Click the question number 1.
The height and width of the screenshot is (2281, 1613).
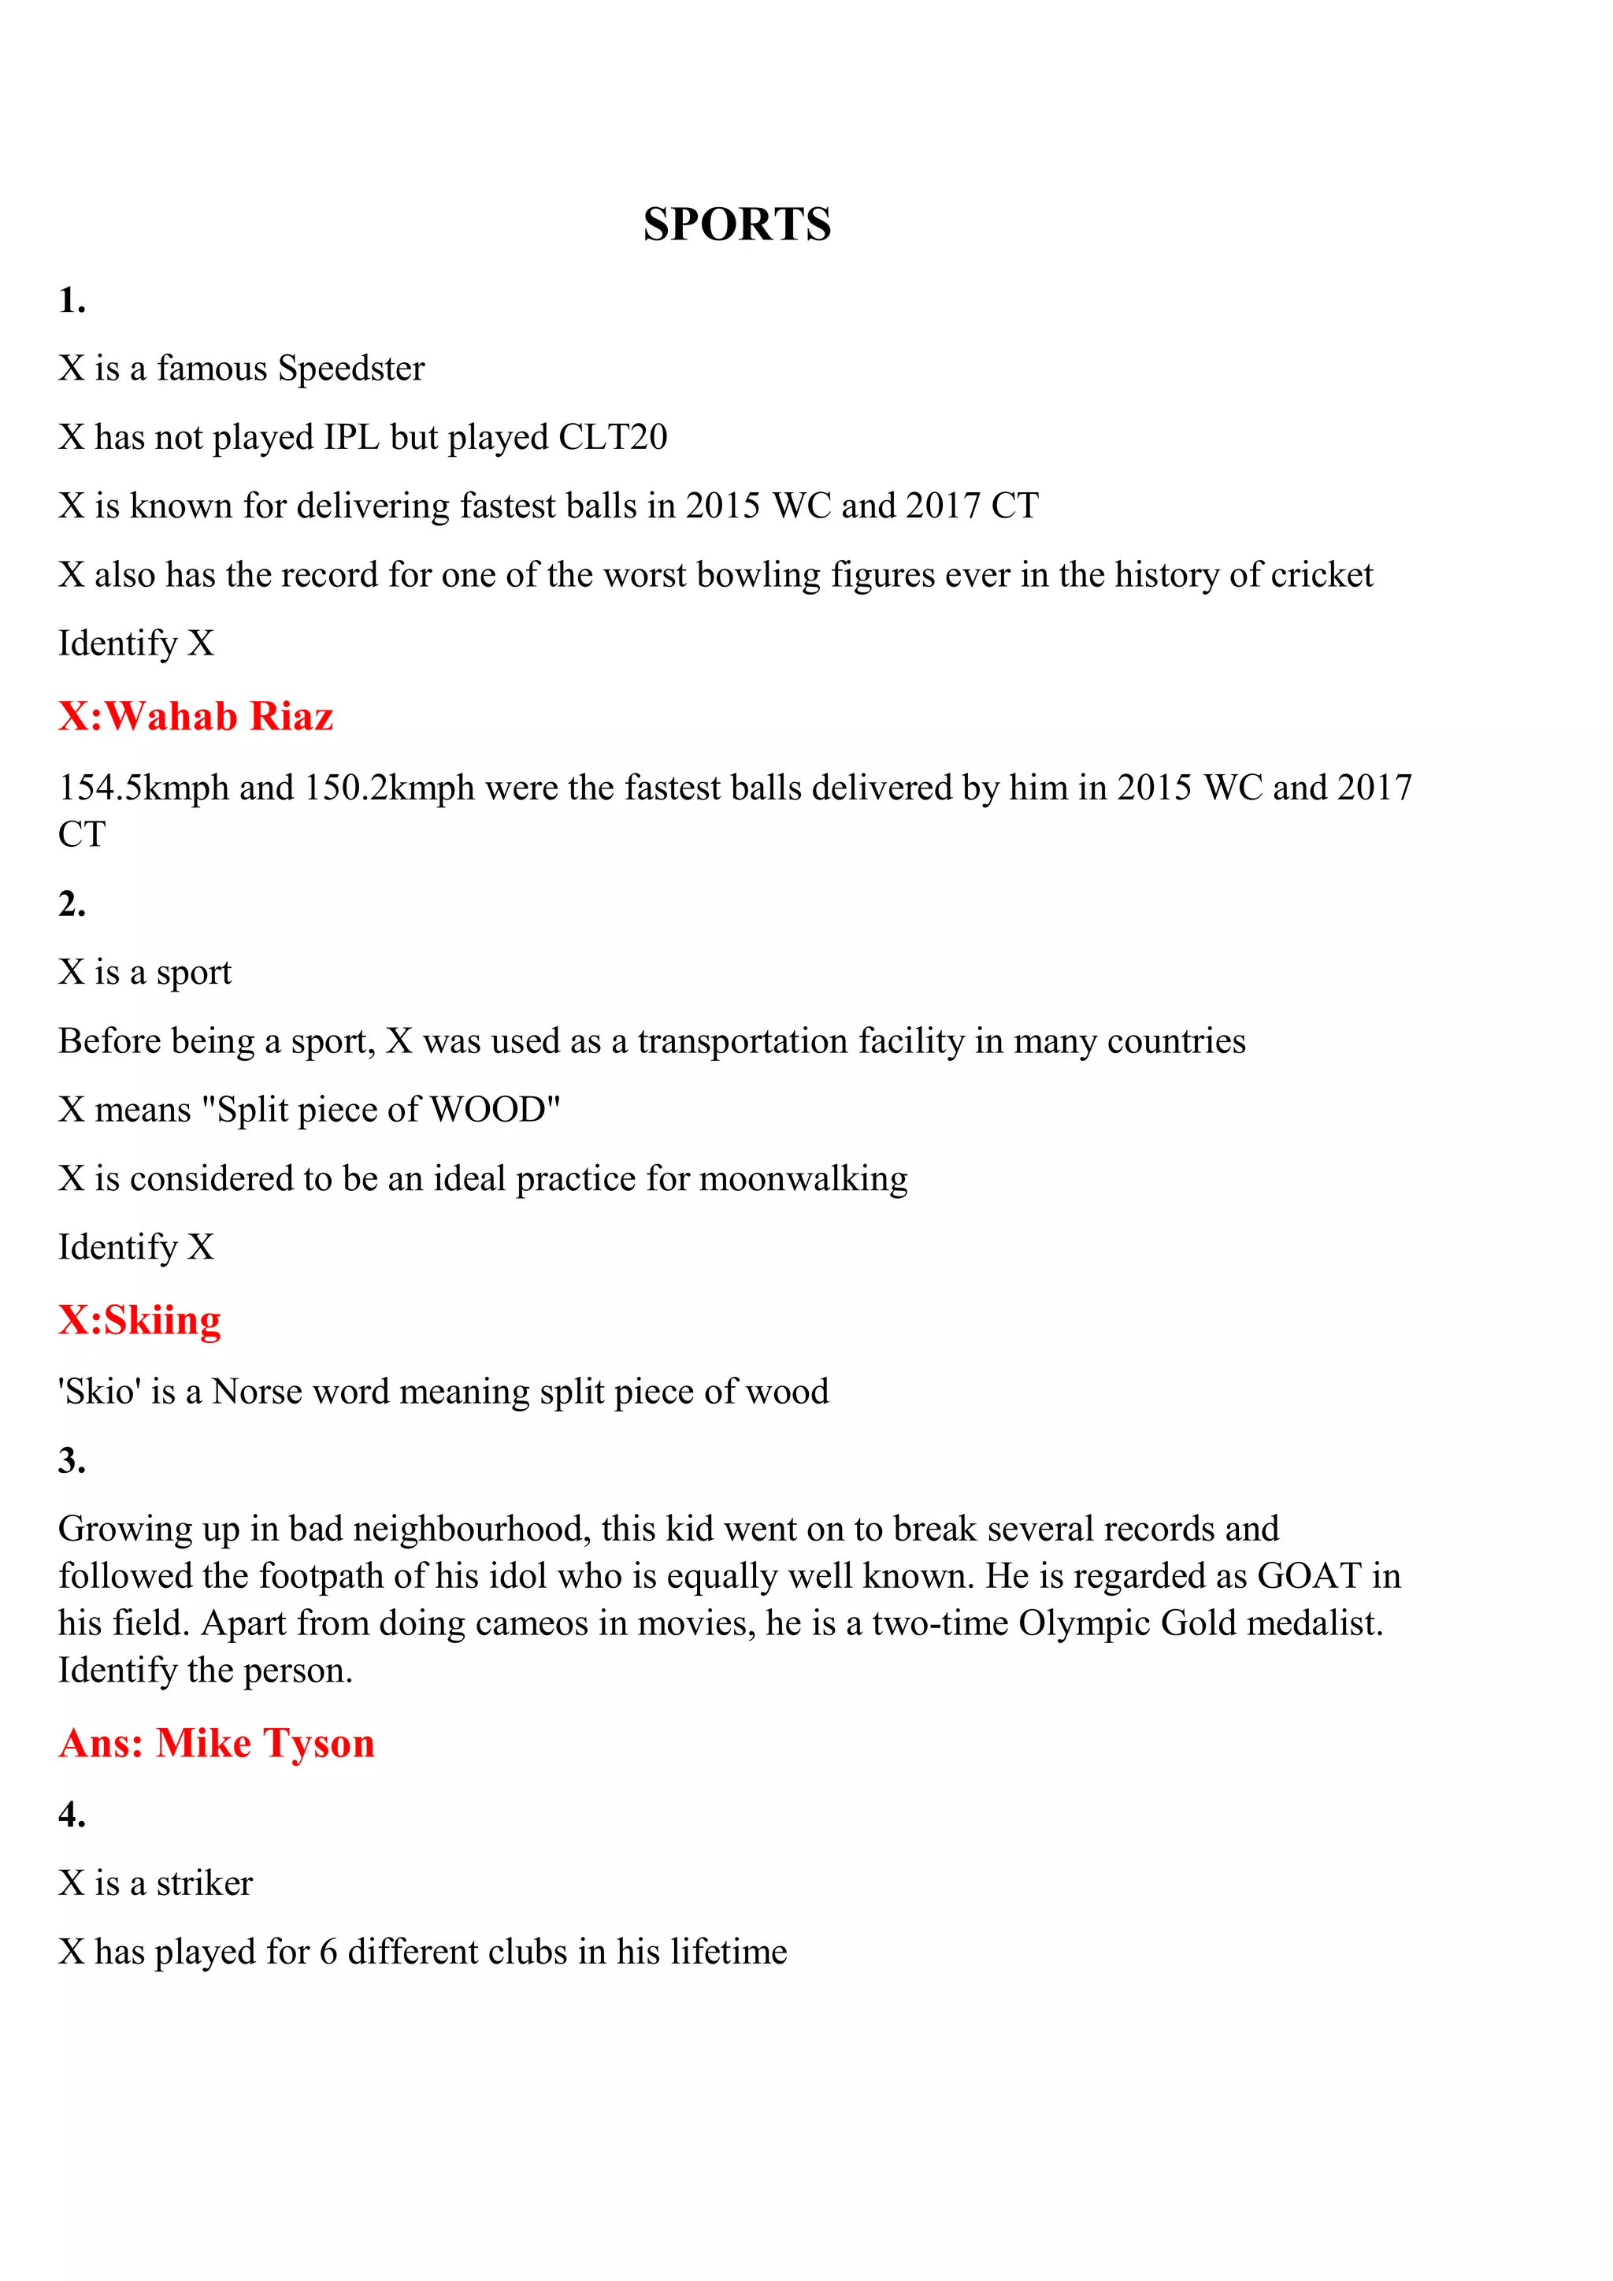(72, 300)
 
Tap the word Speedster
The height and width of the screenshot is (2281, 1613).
(350, 369)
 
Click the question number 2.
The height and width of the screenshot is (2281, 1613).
(72, 904)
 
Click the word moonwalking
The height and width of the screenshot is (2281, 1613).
(803, 1179)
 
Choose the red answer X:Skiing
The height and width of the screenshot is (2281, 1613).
(139, 1320)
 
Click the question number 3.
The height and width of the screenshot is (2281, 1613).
(72, 1460)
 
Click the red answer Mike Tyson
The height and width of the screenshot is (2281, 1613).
(265, 1744)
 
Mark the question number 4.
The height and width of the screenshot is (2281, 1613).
(72, 1815)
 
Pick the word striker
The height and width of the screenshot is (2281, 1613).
(205, 1883)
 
